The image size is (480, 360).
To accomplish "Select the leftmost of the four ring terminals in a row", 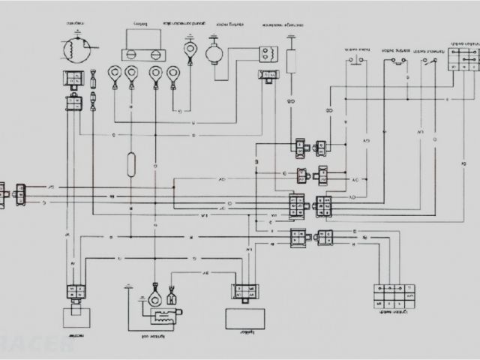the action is click(x=114, y=73).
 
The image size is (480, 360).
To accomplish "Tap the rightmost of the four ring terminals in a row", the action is click(x=174, y=73).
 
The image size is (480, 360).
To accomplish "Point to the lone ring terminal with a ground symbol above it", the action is click(x=190, y=52).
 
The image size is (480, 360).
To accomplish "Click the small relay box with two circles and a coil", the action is click(x=268, y=55).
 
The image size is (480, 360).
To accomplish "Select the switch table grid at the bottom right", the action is click(x=392, y=294).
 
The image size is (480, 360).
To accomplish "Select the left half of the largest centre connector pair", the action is click(x=296, y=204).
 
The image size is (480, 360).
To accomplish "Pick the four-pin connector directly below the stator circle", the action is click(x=75, y=77).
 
